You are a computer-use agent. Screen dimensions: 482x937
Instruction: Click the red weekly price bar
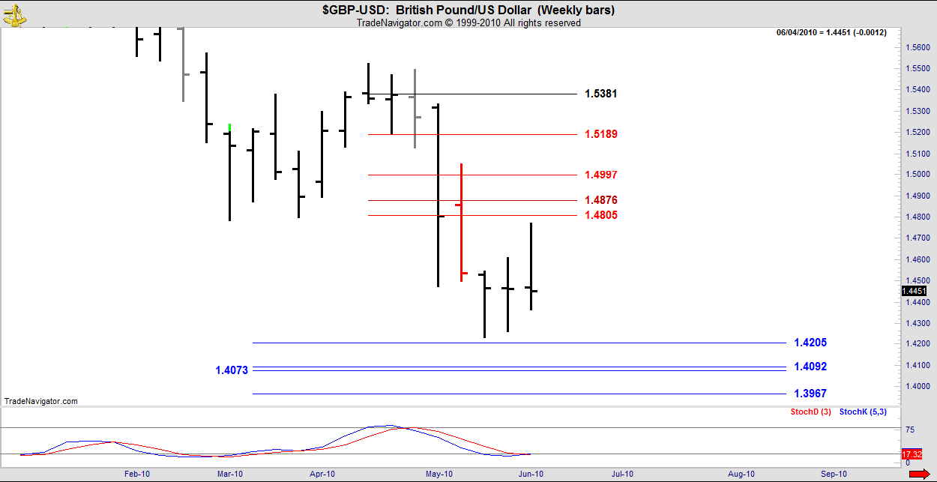461,222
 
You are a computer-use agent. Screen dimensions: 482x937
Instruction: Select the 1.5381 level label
600,94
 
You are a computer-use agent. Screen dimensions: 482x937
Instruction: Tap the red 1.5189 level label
600,134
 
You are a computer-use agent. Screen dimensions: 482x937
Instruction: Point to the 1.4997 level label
600,175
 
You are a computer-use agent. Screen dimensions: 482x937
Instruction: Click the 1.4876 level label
600,200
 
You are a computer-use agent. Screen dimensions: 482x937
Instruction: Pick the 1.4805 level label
600,215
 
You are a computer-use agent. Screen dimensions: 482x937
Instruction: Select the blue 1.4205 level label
810,343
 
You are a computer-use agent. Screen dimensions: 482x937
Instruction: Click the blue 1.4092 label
810,367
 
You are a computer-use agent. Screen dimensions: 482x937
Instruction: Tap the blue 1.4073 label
232,370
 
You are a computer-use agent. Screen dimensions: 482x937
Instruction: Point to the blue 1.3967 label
810,394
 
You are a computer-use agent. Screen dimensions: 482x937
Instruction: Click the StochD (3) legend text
810,412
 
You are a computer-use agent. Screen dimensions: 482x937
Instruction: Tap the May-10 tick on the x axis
439,474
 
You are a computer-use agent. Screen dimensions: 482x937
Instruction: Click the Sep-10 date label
834,474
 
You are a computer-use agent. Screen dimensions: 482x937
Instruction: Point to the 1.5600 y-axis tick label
918,46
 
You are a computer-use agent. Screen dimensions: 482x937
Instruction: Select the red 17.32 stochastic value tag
912,454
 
